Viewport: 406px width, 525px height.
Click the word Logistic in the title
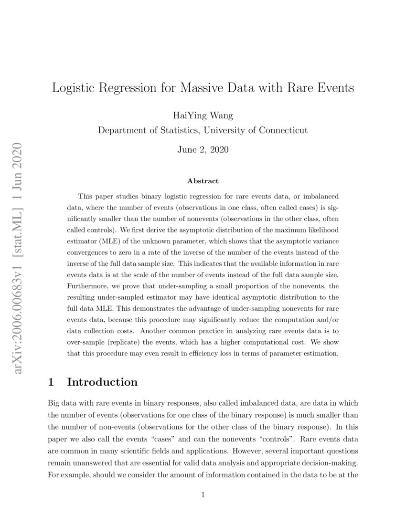coord(73,88)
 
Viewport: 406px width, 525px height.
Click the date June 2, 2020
coord(203,149)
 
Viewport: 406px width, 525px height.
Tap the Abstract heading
coord(203,181)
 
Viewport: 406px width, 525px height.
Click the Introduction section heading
coord(102,382)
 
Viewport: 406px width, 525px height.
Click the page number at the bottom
coord(203,495)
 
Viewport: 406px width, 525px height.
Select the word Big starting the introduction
coord(55,403)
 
